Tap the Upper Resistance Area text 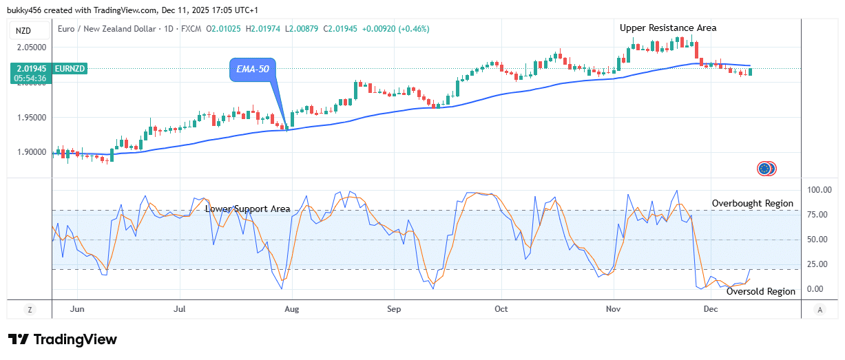tap(667, 28)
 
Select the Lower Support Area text tap(247, 209)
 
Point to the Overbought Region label tap(752, 204)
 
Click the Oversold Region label tap(761, 291)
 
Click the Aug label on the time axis tap(292, 309)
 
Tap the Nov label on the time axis tap(612, 309)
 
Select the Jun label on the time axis tap(77, 309)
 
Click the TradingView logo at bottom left tap(63, 339)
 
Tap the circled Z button tap(30, 310)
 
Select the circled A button tap(820, 310)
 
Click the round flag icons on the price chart tap(766, 168)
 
